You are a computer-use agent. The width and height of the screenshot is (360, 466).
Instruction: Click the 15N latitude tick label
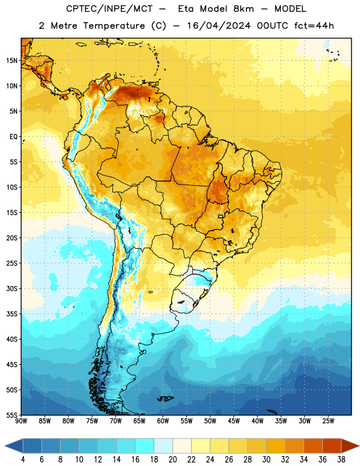point(12,61)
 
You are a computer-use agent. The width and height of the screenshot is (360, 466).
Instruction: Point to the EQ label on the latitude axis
point(13,137)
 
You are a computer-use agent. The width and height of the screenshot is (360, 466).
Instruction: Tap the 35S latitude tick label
point(12,314)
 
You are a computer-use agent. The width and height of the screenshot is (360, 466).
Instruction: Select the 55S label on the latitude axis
point(12,415)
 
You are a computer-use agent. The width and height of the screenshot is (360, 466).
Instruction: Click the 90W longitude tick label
point(21,421)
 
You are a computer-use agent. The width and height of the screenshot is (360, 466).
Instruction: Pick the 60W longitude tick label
point(163,421)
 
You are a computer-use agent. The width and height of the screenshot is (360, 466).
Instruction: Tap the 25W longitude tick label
point(328,421)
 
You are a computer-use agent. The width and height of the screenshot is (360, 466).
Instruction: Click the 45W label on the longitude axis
point(234,421)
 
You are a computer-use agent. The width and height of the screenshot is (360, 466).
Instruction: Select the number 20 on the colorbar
point(172,460)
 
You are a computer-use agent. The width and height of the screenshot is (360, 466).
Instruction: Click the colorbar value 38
point(341,460)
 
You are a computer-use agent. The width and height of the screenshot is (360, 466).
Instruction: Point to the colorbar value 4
point(23,460)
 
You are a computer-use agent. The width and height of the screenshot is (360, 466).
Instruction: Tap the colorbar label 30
point(266,460)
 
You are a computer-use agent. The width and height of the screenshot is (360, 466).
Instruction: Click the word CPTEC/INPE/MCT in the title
point(110,9)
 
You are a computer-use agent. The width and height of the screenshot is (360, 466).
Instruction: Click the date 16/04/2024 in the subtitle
point(219,26)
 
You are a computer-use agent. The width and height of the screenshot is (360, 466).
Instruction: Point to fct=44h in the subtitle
point(314,26)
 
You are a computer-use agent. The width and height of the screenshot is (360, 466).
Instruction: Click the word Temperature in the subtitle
point(114,26)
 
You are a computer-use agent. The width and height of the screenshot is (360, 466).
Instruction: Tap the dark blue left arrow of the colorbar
point(13,446)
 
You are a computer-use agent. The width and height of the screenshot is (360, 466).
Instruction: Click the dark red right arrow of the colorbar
point(350,446)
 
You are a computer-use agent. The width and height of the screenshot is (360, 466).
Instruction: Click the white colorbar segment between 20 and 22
point(182,446)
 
